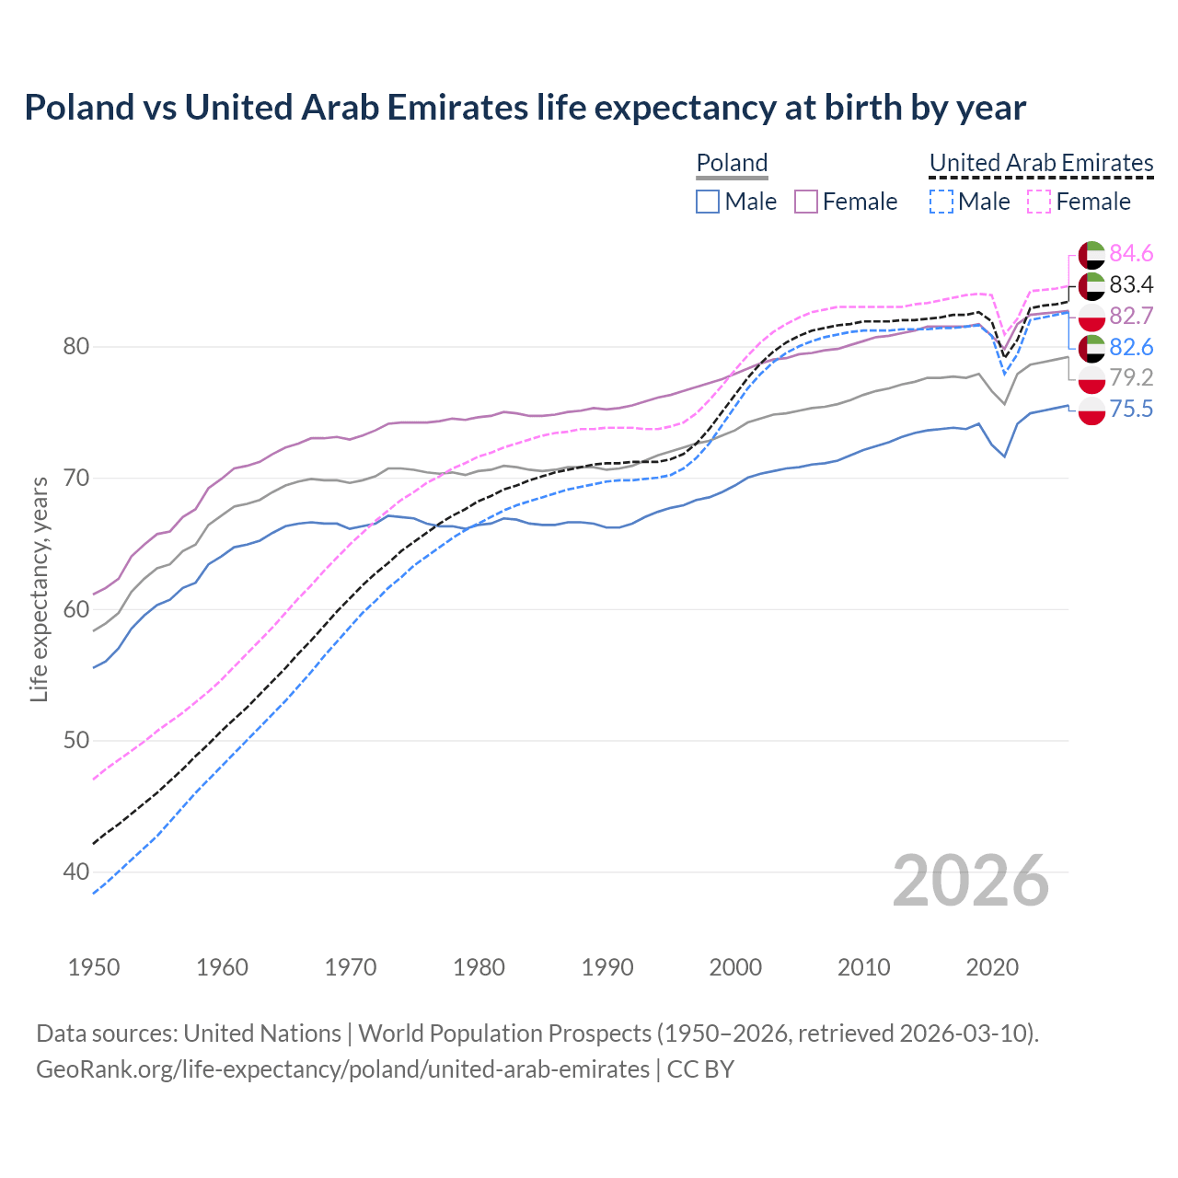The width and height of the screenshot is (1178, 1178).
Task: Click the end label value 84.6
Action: (1131, 253)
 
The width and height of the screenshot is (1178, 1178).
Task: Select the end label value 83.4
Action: (1131, 284)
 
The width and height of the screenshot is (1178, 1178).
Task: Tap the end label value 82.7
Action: (1131, 316)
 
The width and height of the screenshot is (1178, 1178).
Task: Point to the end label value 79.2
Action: (1131, 377)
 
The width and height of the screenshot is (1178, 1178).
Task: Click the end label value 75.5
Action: (1131, 409)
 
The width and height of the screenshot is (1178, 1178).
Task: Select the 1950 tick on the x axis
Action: (94, 967)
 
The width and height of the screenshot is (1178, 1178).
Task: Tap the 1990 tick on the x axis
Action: (607, 967)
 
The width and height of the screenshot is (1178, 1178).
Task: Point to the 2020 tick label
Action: (992, 967)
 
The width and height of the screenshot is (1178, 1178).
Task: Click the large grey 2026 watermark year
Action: (970, 881)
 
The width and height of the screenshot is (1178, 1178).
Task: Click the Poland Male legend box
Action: (707, 202)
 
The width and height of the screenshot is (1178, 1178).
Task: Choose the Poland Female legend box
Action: (806, 202)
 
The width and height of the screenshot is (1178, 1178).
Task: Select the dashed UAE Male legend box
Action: (941, 202)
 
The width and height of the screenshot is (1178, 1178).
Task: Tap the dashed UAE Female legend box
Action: (1039, 202)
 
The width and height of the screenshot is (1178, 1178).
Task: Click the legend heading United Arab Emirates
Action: (1041, 163)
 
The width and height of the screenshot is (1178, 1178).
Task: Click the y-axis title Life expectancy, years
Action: (40, 589)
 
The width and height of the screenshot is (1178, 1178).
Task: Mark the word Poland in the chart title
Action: (79, 108)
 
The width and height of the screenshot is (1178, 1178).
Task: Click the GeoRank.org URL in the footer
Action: (342, 1069)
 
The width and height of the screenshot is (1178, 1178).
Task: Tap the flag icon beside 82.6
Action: (1091, 348)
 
